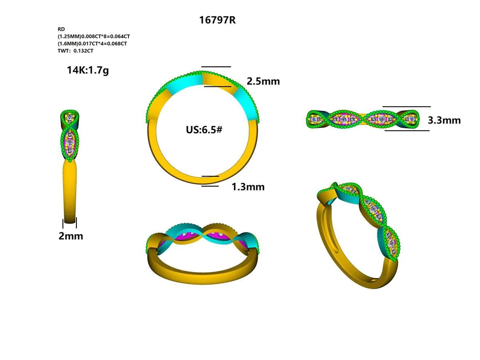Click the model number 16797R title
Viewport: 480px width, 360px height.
(217, 20)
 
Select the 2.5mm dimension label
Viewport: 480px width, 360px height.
(263, 81)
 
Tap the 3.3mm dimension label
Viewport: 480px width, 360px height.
(444, 120)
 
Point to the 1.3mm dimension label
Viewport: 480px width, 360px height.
(248, 186)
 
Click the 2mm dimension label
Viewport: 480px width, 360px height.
(71, 236)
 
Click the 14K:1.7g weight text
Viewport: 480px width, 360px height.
(88, 70)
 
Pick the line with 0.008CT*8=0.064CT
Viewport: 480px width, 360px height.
(94, 36)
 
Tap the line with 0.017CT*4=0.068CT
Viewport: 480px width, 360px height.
(92, 44)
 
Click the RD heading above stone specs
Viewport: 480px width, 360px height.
(61, 29)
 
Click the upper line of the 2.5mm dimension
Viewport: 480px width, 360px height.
(216, 67)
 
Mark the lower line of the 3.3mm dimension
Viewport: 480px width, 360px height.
(407, 130)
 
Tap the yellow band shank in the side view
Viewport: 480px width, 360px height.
(70, 188)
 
